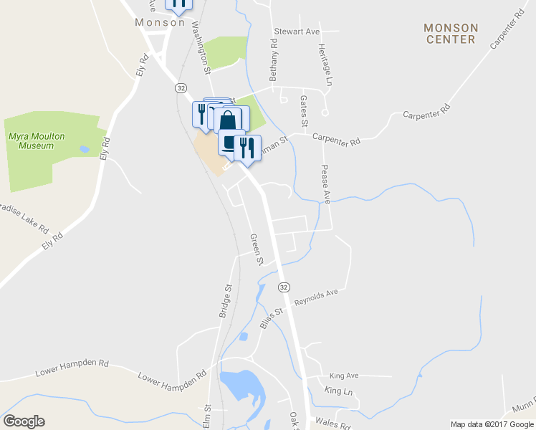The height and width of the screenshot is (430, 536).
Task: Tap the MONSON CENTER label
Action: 450,33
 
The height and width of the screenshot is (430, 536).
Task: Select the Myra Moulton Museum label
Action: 31,140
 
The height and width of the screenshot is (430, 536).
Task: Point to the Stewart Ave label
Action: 296,32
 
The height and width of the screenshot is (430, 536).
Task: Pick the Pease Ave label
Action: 325,183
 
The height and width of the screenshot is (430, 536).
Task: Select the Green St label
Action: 256,248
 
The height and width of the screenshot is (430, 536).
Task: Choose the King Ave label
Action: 343,376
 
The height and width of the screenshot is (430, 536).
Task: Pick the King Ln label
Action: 339,391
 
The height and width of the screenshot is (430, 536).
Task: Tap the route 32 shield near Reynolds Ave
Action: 284,287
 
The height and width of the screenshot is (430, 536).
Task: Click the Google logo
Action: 24,421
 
